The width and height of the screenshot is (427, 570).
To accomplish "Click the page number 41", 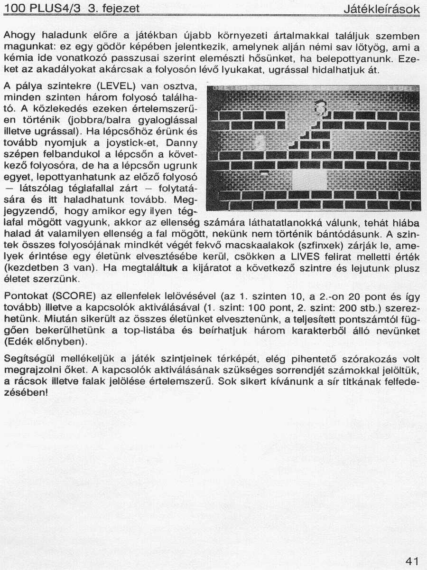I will tap(412, 561).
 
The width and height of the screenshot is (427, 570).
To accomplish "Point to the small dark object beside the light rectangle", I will tap(265, 172).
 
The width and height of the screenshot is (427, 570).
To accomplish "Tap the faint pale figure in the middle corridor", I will tap(260, 142).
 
